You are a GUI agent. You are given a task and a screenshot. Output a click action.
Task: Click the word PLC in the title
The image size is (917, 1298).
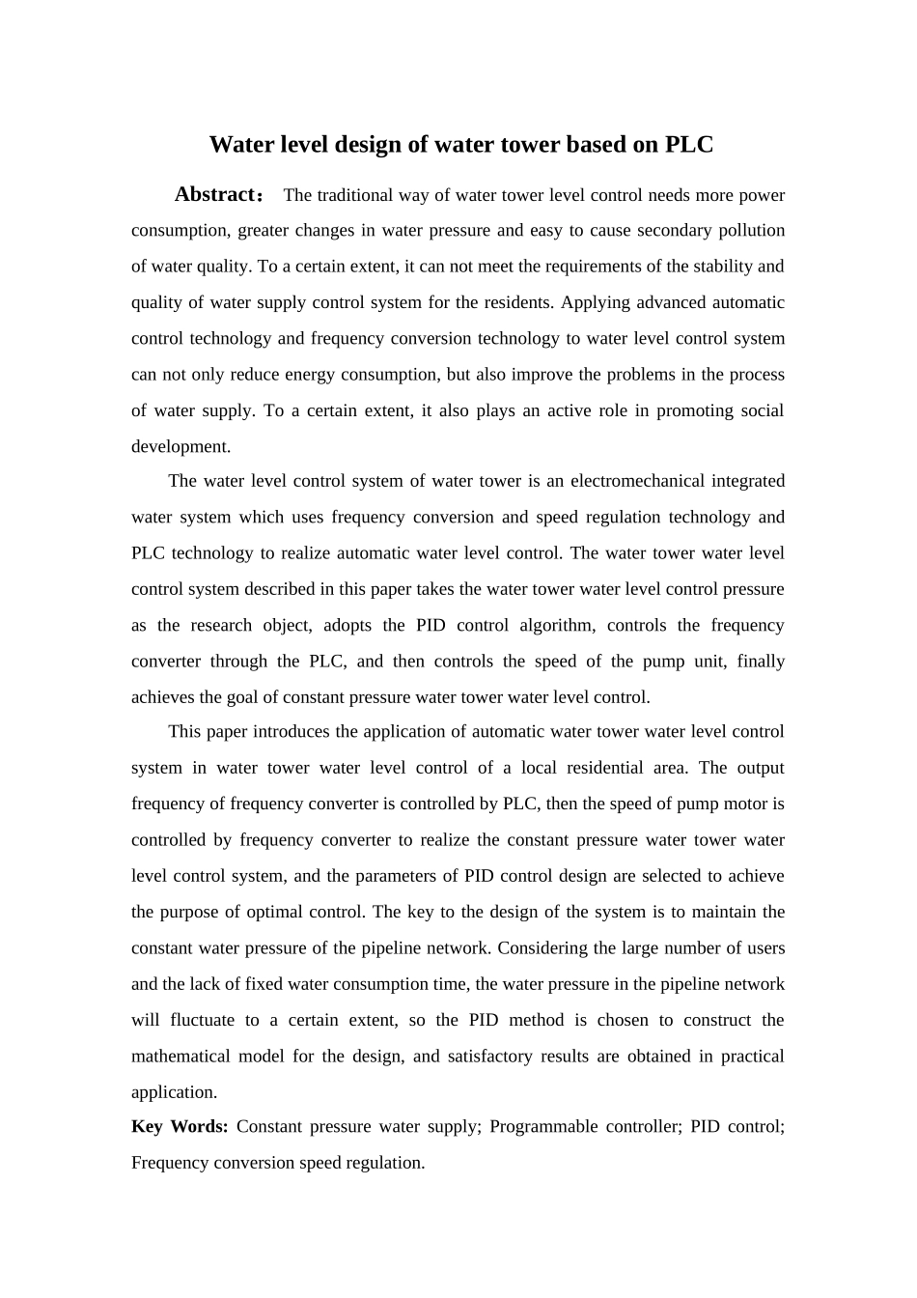click(689, 145)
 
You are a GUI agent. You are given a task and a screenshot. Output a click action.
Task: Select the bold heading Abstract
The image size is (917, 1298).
click(213, 194)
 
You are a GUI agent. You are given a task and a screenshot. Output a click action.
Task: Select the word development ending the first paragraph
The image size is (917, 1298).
click(180, 446)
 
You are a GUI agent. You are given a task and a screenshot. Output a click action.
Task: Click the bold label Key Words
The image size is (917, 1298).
click(180, 1126)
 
